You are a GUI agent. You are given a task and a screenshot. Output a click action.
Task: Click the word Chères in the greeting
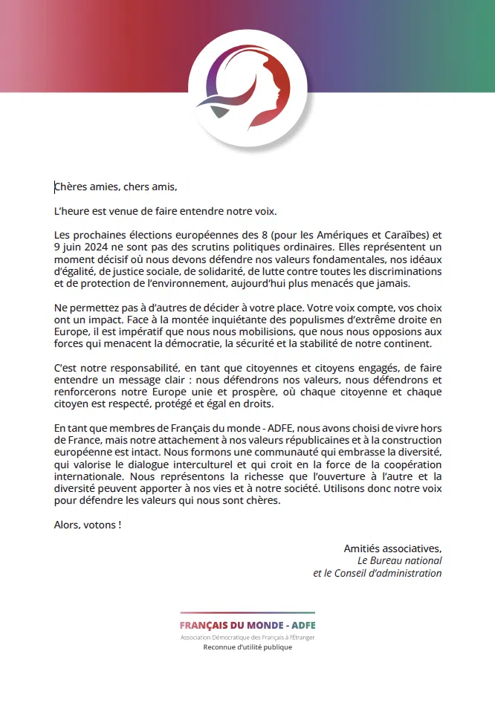click(x=71, y=187)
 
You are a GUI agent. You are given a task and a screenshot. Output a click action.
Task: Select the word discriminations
click(x=407, y=271)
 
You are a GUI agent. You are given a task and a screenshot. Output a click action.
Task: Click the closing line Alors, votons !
click(x=88, y=525)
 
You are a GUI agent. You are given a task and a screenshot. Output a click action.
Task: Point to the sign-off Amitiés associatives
click(x=392, y=548)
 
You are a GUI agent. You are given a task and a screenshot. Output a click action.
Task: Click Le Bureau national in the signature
click(x=400, y=560)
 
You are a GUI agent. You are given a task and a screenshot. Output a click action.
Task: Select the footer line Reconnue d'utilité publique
click(x=247, y=647)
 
